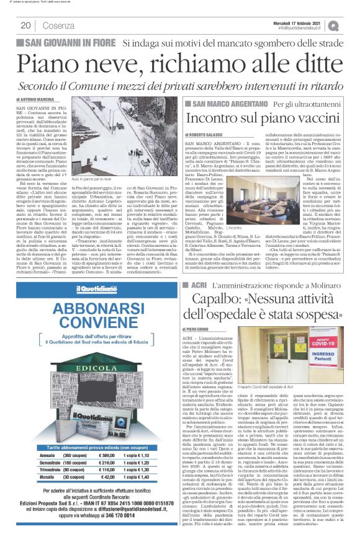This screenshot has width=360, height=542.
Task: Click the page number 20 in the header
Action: [26, 25]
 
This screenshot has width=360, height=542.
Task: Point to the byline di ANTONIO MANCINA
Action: [38, 99]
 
